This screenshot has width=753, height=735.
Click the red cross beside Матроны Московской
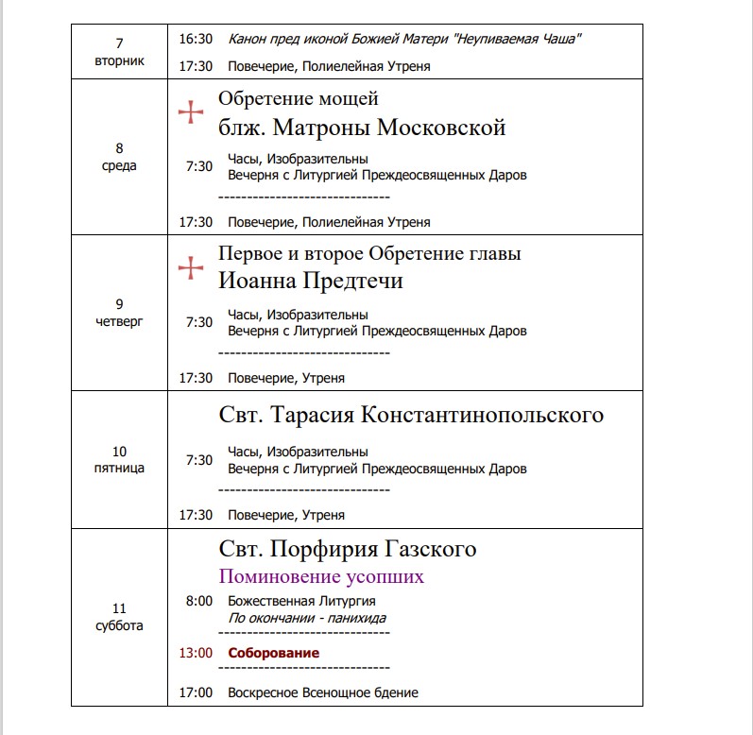point(191,112)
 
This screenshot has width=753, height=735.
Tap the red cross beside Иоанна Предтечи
point(191,268)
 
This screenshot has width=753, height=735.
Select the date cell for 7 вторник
point(119,52)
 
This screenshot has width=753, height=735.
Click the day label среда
point(119,166)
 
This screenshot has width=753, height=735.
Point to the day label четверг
point(119,321)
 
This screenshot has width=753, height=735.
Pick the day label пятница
point(119,469)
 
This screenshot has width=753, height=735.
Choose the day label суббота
point(119,625)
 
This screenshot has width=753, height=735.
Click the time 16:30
point(196,39)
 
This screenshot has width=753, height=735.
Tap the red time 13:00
point(196,653)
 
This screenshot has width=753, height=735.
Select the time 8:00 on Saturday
point(198,601)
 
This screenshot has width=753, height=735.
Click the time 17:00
point(196,692)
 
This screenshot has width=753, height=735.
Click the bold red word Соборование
point(273,653)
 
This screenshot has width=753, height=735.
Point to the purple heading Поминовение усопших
point(321,576)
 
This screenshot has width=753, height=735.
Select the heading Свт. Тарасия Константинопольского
point(411,416)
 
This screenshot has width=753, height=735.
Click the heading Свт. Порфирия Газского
point(348,549)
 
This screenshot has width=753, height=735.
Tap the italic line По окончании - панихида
point(306,618)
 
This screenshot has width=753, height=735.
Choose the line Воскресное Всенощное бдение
point(322,692)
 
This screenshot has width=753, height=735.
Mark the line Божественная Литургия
point(301,601)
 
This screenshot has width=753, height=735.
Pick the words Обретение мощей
point(299,98)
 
